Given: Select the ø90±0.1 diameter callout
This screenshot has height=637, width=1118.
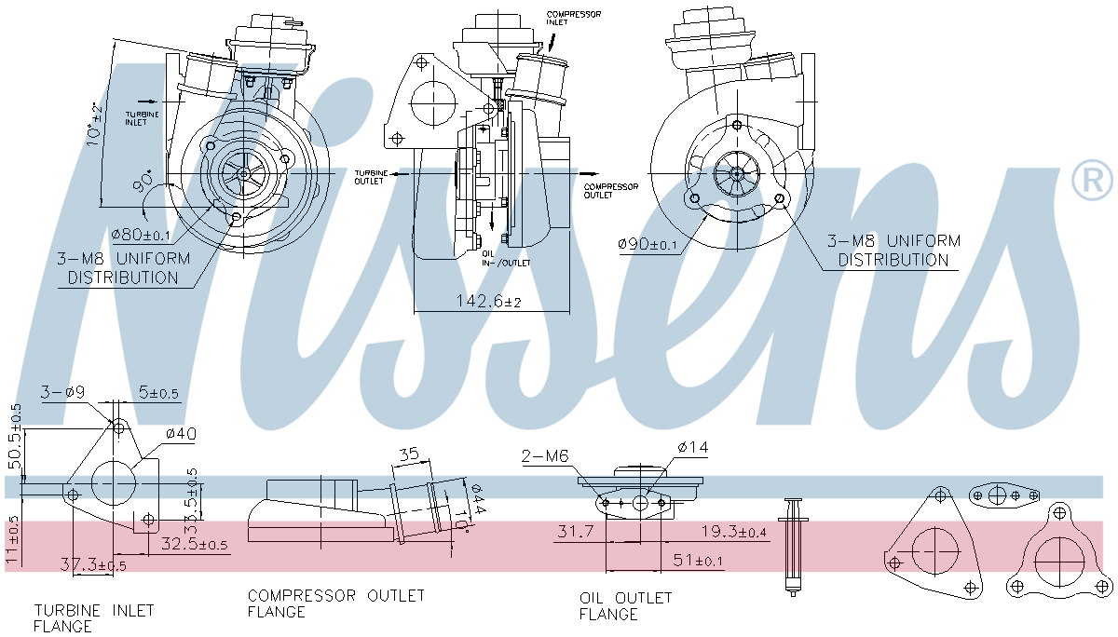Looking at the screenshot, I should (648, 244).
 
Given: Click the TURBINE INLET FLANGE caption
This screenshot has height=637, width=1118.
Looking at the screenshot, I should (93, 617).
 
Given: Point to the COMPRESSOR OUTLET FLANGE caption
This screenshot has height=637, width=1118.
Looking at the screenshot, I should (335, 603).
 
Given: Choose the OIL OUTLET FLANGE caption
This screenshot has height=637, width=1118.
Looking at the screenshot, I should (625, 605).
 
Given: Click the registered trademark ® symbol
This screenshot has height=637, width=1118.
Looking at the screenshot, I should (1091, 181).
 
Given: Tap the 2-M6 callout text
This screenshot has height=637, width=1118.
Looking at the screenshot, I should (545, 456).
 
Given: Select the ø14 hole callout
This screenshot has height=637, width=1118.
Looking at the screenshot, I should (692, 448).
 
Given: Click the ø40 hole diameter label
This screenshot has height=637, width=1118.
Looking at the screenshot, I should (181, 433).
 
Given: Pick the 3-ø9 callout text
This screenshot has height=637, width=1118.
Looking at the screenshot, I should (62, 393).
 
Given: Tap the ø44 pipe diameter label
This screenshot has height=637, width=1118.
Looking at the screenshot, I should (476, 502).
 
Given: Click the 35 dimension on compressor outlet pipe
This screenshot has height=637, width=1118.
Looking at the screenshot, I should (408, 455).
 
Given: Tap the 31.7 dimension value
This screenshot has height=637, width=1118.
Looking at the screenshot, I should (576, 532).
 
